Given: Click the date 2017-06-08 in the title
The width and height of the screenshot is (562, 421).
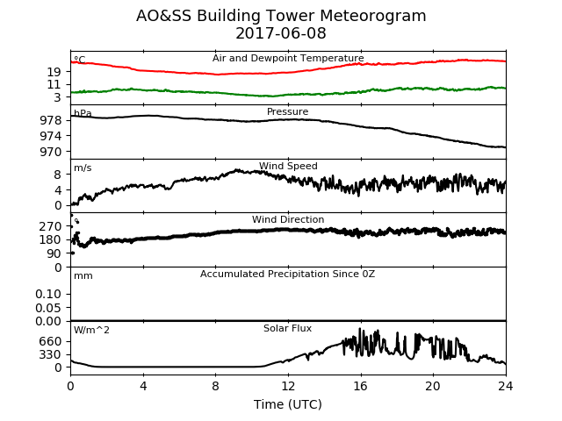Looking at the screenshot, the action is coord(281,33).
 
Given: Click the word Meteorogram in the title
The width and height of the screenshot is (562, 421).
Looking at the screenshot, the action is coord(372,16).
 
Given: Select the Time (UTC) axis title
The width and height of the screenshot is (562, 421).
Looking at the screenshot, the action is coord(288,404).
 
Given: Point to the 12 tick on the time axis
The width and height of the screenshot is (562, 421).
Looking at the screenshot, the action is coord(288,386).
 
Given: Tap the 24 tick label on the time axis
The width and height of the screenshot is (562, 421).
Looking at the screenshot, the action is coord(506,386).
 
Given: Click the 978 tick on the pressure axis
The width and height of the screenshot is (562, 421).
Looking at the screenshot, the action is coord(51,120).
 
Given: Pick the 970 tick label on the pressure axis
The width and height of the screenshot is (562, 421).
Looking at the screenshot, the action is coord(51,152).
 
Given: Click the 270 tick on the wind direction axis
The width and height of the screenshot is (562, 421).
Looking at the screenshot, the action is coord(51,226).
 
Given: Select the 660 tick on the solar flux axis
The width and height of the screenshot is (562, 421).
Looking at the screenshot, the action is coord(51,341).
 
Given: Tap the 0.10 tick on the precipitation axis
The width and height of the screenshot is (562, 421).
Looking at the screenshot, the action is coord(48,294).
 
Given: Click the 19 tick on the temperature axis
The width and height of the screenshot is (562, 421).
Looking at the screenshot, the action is coord(54,72).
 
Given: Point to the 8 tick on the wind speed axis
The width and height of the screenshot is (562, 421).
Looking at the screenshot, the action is coord(58,175).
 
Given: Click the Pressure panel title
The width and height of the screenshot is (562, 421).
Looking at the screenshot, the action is coord(287,111).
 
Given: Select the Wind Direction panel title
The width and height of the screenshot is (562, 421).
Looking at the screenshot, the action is coord(288,219).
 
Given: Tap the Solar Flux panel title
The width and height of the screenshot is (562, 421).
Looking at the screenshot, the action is coord(287,328).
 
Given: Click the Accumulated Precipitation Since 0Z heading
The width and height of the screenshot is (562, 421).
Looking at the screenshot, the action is coord(287,274).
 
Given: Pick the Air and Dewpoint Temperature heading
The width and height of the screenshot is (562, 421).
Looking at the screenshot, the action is coord(288,58).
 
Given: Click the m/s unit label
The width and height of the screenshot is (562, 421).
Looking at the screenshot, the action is coord(83,168).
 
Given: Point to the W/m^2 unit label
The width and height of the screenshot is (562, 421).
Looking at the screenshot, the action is coord(91,330).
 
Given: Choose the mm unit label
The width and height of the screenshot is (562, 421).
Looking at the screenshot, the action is coord(83,276).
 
